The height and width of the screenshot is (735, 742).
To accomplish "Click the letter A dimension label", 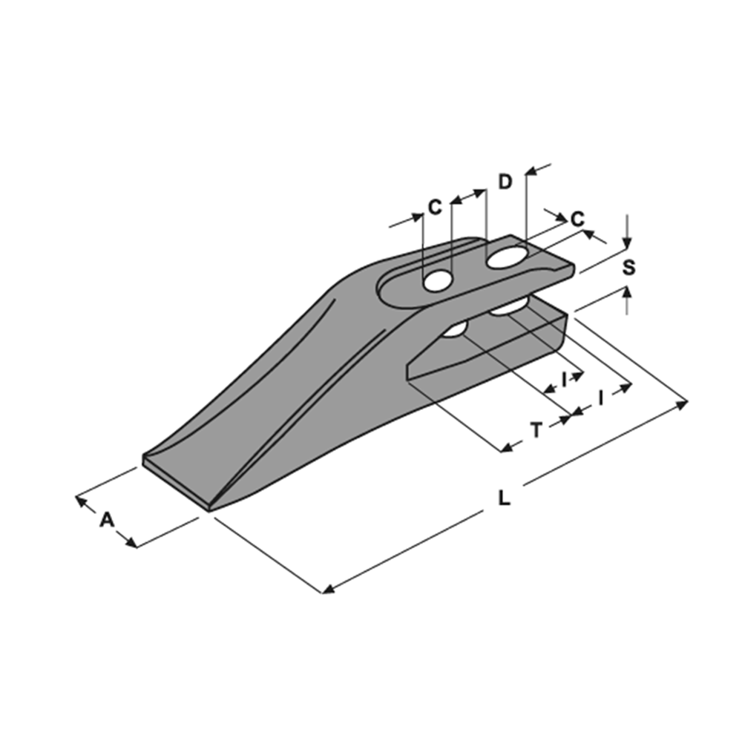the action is (107, 520).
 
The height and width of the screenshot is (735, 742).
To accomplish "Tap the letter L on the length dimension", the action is (505, 498).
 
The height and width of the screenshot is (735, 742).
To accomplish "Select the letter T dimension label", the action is (536, 430).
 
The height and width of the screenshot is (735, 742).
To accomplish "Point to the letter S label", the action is (628, 268).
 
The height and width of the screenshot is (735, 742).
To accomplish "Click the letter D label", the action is (505, 182).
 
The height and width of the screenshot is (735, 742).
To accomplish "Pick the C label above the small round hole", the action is (435, 207).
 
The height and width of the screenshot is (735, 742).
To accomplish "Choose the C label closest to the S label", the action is (577, 219).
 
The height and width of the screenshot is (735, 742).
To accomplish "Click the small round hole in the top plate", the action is (438, 281).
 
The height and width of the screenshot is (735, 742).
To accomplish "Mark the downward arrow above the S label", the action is (627, 231).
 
